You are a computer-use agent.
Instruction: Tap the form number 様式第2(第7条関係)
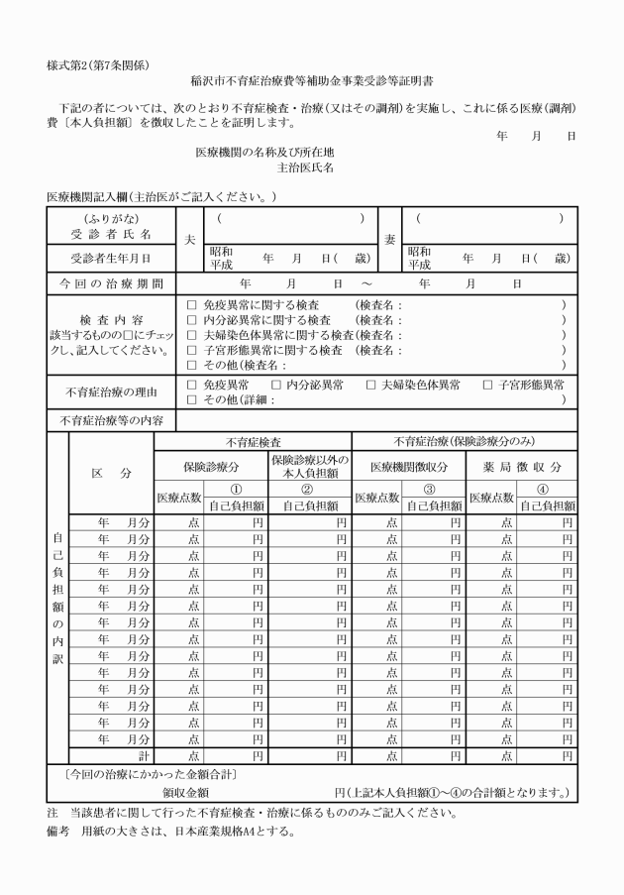[96, 65]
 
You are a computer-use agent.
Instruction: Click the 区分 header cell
[111, 474]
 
